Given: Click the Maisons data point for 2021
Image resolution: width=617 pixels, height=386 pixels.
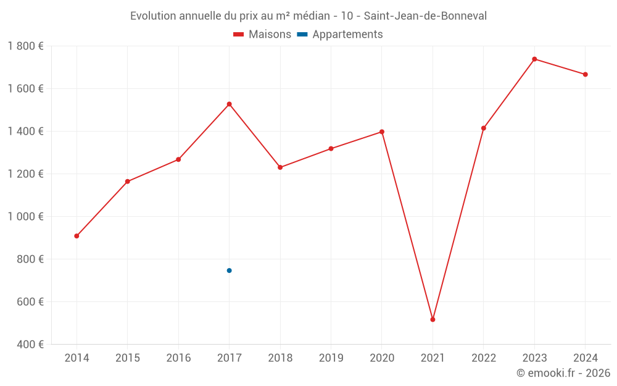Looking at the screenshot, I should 433,319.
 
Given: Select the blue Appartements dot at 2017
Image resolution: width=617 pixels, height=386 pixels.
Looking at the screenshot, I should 229,271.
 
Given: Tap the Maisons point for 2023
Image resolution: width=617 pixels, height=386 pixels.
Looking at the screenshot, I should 534,59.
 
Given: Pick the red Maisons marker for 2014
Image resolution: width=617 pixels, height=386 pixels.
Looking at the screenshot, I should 77,236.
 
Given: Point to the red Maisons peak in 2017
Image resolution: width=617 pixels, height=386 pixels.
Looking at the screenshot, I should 229,104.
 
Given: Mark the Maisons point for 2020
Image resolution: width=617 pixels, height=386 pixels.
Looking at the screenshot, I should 382,132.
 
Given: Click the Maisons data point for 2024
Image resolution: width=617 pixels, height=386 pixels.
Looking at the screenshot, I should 585,75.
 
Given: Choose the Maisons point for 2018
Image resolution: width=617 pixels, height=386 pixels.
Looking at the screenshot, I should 280,167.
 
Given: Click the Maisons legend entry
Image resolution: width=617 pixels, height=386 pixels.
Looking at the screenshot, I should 262,35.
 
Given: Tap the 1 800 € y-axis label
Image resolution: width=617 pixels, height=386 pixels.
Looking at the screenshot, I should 26,46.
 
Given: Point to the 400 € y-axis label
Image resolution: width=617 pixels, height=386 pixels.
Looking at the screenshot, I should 30,345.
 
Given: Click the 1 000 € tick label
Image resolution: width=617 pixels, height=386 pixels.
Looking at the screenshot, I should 26,217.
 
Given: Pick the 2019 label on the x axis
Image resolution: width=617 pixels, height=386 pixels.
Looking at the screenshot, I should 331,358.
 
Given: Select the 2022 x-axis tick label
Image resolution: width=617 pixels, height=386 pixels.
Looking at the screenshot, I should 484,358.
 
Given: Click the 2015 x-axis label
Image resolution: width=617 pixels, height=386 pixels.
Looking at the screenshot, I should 128,358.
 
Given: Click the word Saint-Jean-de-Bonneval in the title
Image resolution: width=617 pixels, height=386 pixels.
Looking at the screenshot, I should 425,16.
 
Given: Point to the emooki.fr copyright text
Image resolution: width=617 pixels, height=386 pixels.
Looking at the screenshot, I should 563,373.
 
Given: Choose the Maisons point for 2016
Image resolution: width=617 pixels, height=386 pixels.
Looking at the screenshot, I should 178,159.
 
